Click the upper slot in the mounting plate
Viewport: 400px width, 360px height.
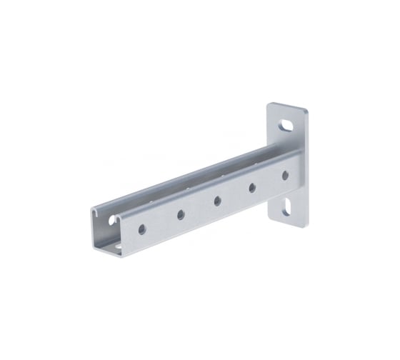point(286,125)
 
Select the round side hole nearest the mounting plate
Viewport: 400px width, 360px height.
point(285,175)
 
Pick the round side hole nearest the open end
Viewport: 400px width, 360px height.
point(141,229)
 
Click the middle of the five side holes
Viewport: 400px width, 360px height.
point(217,201)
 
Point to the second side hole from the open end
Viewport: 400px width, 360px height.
point(181,214)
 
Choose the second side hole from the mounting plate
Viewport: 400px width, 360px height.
point(252,188)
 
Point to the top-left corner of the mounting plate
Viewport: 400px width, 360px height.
point(269,104)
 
